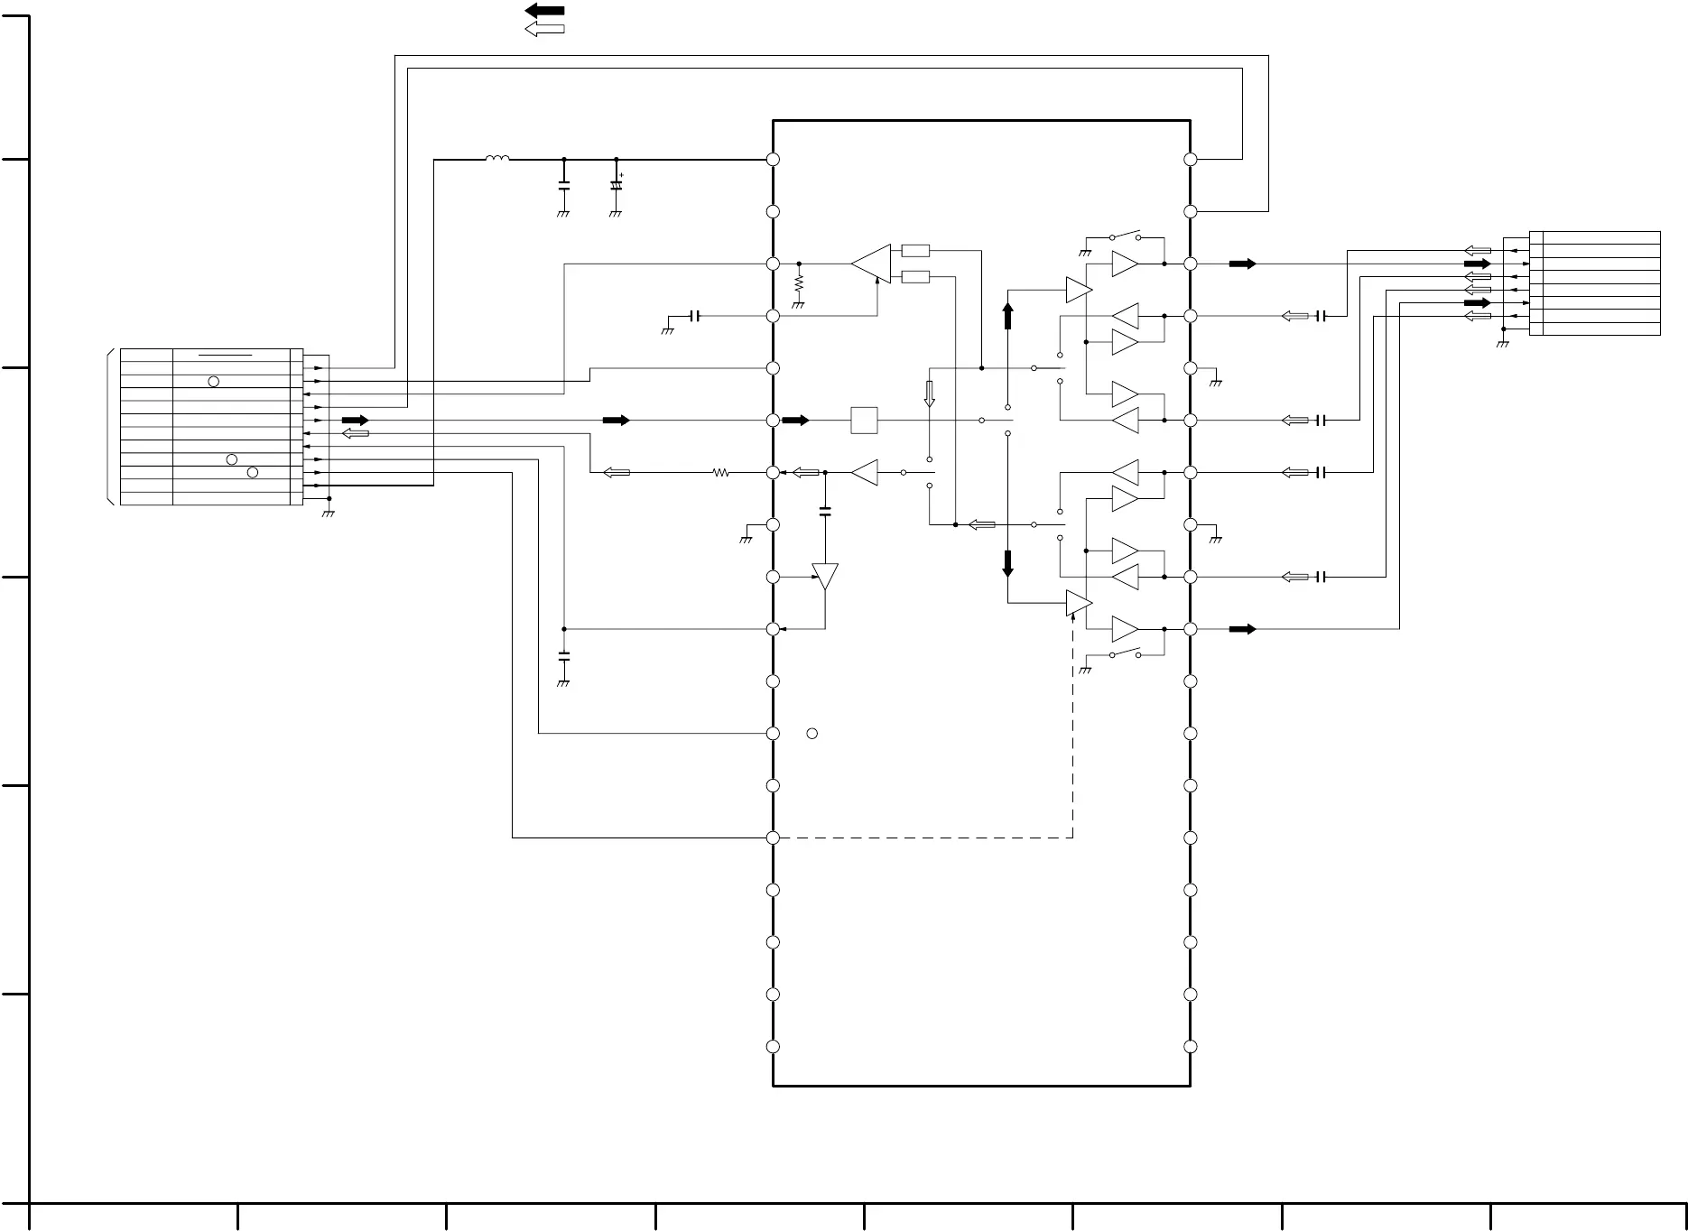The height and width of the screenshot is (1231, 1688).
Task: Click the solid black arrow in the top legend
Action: pyautogui.click(x=544, y=11)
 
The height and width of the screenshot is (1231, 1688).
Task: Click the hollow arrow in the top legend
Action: pyautogui.click(x=544, y=30)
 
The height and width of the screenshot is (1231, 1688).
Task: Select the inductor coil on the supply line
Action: pyautogui.click(x=496, y=159)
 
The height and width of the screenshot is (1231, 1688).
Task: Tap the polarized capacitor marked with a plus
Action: pyautogui.click(x=617, y=185)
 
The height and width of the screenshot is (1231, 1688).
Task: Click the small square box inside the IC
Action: pyautogui.click(x=864, y=421)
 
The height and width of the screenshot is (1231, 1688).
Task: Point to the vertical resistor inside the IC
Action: pyautogui.click(x=799, y=283)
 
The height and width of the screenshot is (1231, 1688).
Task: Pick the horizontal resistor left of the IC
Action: pyautogui.click(x=720, y=472)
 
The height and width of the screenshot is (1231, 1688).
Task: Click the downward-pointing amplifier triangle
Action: pyautogui.click(x=825, y=576)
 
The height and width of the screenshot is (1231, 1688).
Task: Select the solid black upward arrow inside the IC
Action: pyautogui.click(x=1007, y=316)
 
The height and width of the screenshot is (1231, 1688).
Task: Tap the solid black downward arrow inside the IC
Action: pyautogui.click(x=1007, y=563)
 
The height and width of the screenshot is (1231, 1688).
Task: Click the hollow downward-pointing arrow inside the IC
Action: pyautogui.click(x=929, y=393)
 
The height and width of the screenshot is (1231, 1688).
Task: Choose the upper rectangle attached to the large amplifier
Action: pyautogui.click(x=915, y=251)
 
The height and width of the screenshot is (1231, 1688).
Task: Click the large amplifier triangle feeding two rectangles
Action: pyautogui.click(x=871, y=264)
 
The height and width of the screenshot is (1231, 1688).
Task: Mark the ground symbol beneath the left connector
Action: pyautogui.click(x=329, y=513)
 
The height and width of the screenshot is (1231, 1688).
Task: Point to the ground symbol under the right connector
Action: pyautogui.click(x=1502, y=344)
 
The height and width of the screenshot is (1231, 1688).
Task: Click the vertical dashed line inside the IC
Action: pyautogui.click(x=1072, y=731)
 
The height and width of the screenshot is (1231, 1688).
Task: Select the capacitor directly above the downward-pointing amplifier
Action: pyautogui.click(x=825, y=512)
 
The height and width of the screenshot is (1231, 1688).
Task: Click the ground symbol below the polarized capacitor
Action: pyautogui.click(x=616, y=214)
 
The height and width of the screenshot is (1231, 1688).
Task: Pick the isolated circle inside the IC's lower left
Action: pyautogui.click(x=812, y=734)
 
